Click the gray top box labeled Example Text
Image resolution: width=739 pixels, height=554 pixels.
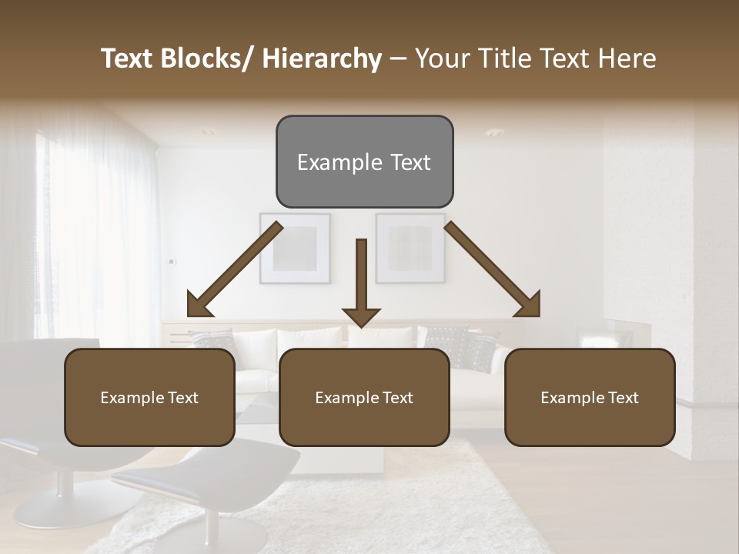(x=364, y=162)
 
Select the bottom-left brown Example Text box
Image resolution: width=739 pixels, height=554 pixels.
(x=149, y=397)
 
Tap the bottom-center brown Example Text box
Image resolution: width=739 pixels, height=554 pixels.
(x=364, y=397)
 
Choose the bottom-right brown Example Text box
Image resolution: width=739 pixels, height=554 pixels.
(x=590, y=397)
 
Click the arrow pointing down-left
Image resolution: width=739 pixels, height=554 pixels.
(x=235, y=270)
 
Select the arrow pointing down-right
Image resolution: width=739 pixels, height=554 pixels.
(x=493, y=270)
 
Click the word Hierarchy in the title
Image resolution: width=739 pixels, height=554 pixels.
(x=322, y=58)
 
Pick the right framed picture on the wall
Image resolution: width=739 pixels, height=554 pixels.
(x=410, y=249)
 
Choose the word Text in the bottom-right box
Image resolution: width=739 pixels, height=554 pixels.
(x=622, y=398)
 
